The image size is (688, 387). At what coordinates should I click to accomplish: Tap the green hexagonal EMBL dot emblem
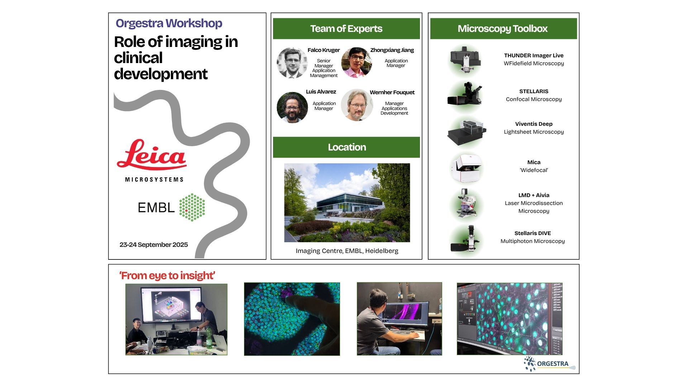[192, 207]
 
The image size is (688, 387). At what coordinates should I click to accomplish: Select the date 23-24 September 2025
[154, 245]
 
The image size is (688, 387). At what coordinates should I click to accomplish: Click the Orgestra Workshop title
[169, 23]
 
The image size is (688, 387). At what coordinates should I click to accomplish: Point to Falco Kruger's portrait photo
[292, 63]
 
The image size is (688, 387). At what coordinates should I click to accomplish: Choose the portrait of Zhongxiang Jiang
[357, 62]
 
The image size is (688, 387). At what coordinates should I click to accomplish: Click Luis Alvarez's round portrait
[292, 107]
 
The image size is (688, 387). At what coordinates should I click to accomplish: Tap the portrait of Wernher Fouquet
[357, 105]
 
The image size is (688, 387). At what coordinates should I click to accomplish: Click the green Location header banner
[347, 147]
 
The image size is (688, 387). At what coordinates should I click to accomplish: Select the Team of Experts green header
[347, 29]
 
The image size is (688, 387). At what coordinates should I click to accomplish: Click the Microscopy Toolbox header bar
[503, 29]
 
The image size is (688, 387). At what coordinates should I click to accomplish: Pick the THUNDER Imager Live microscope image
[465, 59]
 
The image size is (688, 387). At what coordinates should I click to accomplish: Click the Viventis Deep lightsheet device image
[467, 132]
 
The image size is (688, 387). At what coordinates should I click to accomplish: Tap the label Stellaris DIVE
[532, 233]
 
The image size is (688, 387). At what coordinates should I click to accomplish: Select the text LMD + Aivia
[534, 195]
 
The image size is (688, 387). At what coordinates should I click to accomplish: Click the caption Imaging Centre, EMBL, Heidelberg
[347, 251]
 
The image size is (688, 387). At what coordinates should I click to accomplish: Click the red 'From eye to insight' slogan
[167, 276]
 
